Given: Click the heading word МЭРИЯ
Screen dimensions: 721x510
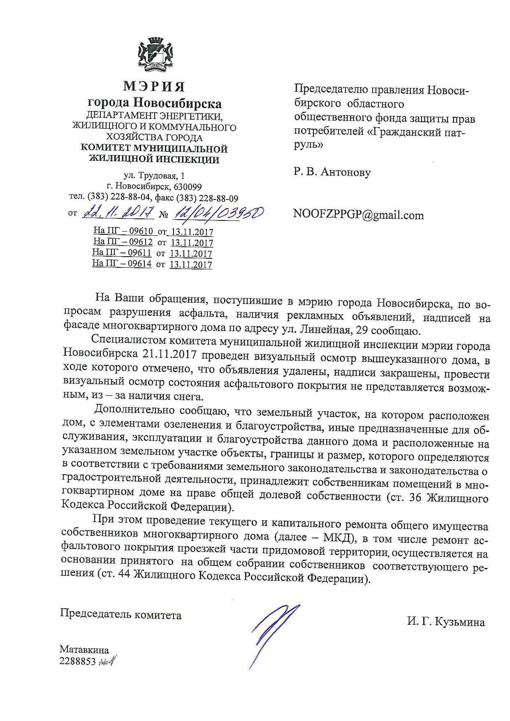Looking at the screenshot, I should point(154,87).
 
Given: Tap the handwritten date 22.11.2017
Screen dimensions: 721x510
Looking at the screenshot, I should point(118,213).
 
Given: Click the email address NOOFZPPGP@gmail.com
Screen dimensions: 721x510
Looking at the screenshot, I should point(358,215).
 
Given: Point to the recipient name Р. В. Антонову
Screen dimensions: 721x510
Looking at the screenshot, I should point(332,172).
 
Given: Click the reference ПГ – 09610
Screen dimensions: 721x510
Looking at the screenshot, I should point(129,231).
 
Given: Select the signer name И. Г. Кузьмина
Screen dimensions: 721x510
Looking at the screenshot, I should point(446,622).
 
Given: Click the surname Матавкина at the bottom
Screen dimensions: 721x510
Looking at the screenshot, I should point(84,650).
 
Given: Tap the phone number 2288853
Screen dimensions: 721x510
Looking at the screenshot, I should point(77,661).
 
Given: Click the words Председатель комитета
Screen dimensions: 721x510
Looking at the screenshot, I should point(121,615).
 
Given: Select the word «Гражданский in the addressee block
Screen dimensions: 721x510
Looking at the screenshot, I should point(411,133).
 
